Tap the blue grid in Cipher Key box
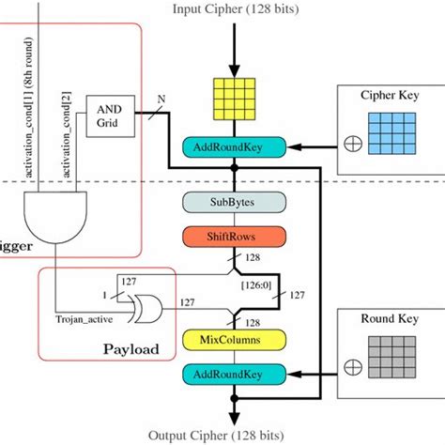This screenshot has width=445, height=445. point(392,137)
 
